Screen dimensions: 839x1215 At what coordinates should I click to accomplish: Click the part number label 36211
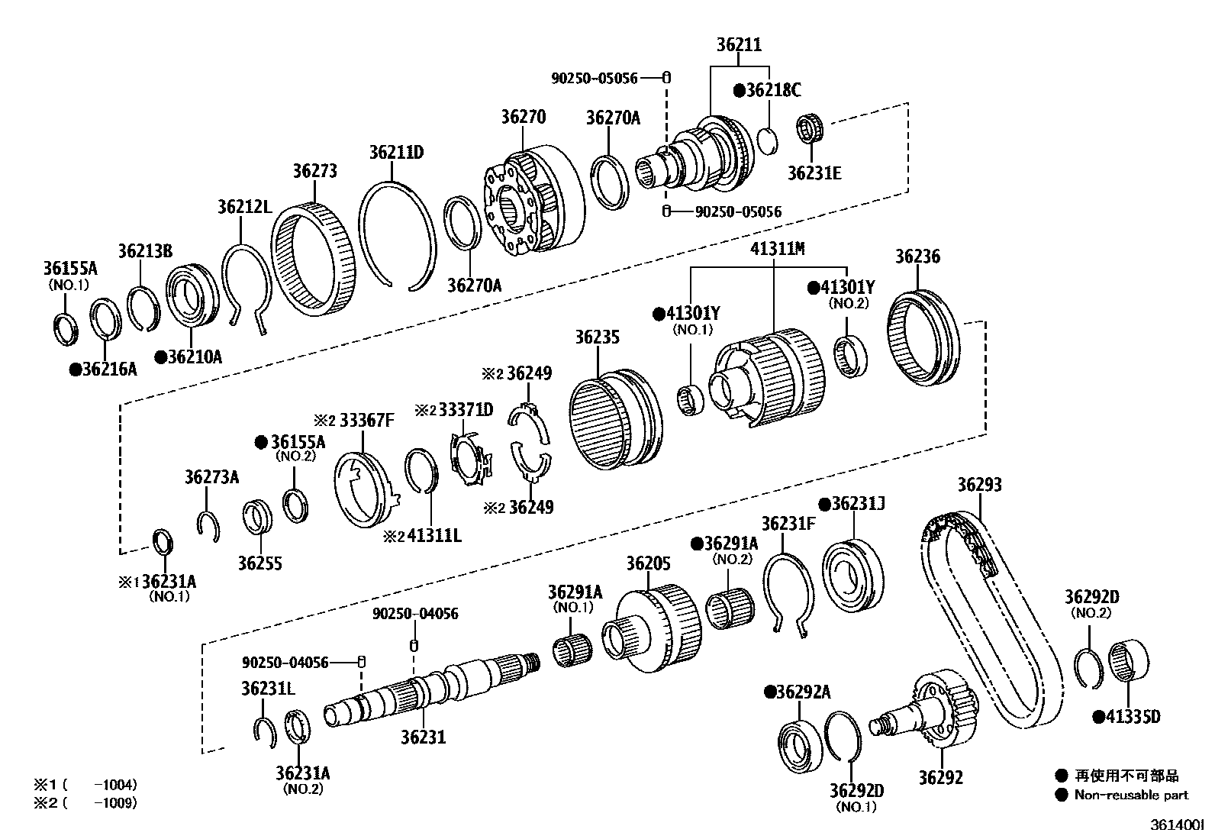(x=738, y=45)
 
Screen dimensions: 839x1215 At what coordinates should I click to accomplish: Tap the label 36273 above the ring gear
(x=314, y=171)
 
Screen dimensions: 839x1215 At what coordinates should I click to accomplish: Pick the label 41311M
(x=777, y=249)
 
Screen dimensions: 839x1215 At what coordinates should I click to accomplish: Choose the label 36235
(x=597, y=337)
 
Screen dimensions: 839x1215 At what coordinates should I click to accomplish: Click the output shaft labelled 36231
(x=435, y=683)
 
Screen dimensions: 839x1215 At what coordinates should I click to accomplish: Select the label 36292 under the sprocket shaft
(x=940, y=778)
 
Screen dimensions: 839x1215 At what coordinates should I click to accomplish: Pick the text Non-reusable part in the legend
(x=1131, y=795)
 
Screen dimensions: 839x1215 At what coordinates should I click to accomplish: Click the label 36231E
(x=814, y=174)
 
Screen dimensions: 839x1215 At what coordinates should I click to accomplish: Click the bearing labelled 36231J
(x=852, y=577)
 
